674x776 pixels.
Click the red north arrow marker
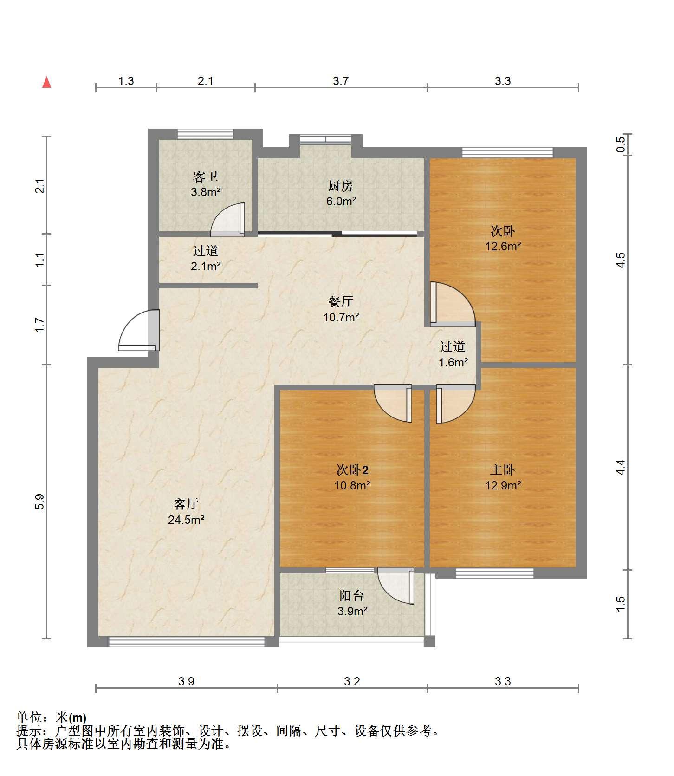pyautogui.click(x=46, y=82)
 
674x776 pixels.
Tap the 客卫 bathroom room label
pyautogui.click(x=206, y=176)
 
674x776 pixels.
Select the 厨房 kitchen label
pyautogui.click(x=341, y=186)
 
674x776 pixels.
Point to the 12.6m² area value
pyautogui.click(x=503, y=246)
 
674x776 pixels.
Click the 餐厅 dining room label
pyautogui.click(x=341, y=301)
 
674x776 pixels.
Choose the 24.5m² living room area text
pyautogui.click(x=186, y=520)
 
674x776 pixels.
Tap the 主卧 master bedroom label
pyautogui.click(x=503, y=470)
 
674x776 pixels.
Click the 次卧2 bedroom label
pyautogui.click(x=352, y=470)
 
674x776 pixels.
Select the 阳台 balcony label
pyautogui.click(x=352, y=595)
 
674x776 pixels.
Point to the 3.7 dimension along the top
pyautogui.click(x=341, y=81)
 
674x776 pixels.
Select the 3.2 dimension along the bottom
pyautogui.click(x=352, y=681)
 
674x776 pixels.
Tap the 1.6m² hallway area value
pyautogui.click(x=454, y=362)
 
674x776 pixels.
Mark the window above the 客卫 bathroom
pyautogui.click(x=205, y=134)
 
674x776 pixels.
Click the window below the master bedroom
pyautogui.click(x=494, y=573)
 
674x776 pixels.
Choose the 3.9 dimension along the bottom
pyautogui.click(x=186, y=681)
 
